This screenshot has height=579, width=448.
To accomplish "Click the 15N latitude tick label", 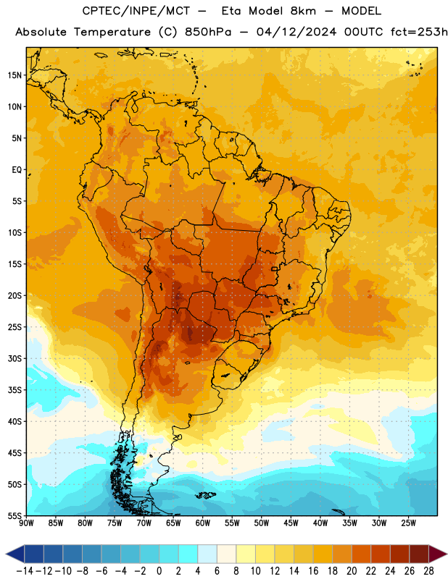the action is pos(14,75).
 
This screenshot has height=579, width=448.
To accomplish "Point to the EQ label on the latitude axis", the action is pos(17,170).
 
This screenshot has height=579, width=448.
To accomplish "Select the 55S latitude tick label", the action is pos(14,515).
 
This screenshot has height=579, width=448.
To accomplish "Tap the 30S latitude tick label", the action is pos(14,358).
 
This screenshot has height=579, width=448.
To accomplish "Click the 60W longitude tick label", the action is pos(203,523).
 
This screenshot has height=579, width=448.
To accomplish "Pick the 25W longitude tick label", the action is pos(408,523).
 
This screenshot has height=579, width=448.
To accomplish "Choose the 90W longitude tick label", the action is pos(26,523).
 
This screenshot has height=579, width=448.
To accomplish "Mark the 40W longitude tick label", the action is pos(320,523).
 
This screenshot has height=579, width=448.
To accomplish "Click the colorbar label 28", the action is pos(428,571).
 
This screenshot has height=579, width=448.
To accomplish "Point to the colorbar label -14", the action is pos(25,571).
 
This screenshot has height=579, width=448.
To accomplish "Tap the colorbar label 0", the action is pos(159,571).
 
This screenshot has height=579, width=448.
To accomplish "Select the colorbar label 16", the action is pos(313,571).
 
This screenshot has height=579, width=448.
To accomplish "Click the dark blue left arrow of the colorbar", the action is pos(15,554).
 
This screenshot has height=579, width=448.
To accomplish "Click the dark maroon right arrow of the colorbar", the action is pos(438,554).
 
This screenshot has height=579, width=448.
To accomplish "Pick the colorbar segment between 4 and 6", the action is pos(207,554).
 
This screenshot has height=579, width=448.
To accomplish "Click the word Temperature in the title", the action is pos(112,32).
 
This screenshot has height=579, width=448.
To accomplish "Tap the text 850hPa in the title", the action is pos(208,32).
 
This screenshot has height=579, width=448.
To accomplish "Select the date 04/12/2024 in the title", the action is pos(296,32).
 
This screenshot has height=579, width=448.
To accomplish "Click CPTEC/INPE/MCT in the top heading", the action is pos(136,11).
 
